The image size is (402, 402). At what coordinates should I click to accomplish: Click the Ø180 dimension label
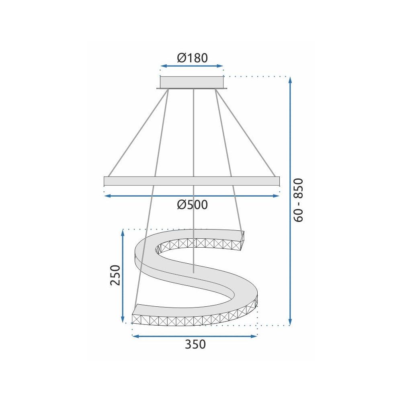point(192,58)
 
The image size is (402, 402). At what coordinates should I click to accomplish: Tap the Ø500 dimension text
point(192,205)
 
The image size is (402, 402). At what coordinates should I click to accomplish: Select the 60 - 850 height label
point(299,200)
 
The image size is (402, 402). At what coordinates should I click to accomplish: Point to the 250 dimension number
point(115,275)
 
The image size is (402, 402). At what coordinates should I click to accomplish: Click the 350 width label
point(195,345)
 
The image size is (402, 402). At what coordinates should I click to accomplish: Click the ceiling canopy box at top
point(192,82)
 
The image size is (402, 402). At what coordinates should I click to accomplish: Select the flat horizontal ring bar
point(191,181)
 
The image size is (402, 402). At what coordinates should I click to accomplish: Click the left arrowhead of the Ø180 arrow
point(162,66)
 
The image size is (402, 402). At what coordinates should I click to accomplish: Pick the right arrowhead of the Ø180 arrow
point(221,66)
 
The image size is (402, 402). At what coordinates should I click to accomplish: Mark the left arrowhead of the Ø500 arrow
point(107,196)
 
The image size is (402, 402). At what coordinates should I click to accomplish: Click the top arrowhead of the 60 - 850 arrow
point(290,79)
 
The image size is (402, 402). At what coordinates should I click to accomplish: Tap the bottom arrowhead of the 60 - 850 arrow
point(290,322)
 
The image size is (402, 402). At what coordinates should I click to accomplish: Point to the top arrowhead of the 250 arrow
point(123,233)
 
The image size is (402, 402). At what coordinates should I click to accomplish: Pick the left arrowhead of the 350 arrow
point(135,336)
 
